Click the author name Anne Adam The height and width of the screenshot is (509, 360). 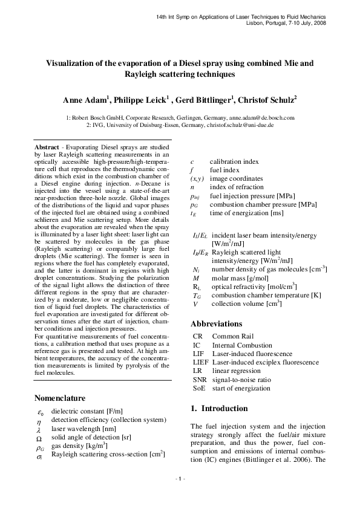coord(84,100)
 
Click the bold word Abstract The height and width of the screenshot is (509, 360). coord(47,147)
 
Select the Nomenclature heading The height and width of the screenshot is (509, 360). coord(60,398)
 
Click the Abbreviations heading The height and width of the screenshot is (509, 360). coord(217,322)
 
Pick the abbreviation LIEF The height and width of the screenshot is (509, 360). coord(200,362)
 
